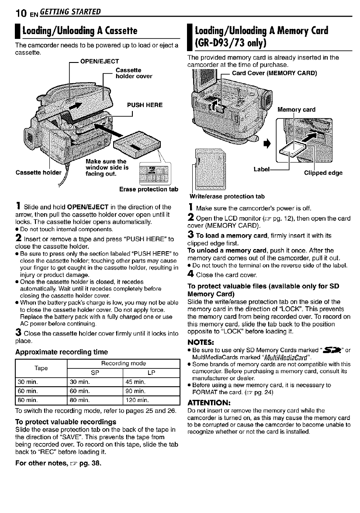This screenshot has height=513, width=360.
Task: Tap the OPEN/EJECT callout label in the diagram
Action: point(96,61)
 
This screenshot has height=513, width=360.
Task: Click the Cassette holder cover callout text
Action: point(134,73)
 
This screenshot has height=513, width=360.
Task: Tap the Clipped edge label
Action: point(323,173)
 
